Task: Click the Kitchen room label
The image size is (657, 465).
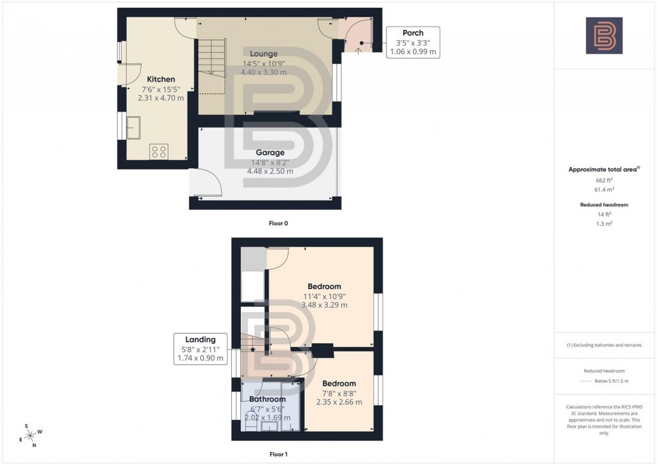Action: [161, 79]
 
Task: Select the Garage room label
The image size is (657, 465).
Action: [270, 153]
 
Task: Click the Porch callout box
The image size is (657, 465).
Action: [412, 42]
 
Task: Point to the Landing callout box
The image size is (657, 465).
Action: [200, 349]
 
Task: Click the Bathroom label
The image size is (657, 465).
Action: [267, 399]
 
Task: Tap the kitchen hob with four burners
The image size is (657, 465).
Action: [158, 152]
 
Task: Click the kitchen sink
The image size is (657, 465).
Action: [134, 127]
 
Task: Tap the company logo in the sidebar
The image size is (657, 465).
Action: [604, 35]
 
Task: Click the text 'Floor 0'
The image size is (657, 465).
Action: [278, 223]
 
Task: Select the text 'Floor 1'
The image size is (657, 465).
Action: [278, 454]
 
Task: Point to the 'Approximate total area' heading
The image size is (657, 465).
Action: [604, 169]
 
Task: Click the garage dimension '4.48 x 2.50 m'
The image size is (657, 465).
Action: [270, 171]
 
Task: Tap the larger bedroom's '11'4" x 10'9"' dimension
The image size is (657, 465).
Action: [325, 296]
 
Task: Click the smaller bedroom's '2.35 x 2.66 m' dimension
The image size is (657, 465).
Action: [339, 402]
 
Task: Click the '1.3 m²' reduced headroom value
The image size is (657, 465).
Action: [604, 223]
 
